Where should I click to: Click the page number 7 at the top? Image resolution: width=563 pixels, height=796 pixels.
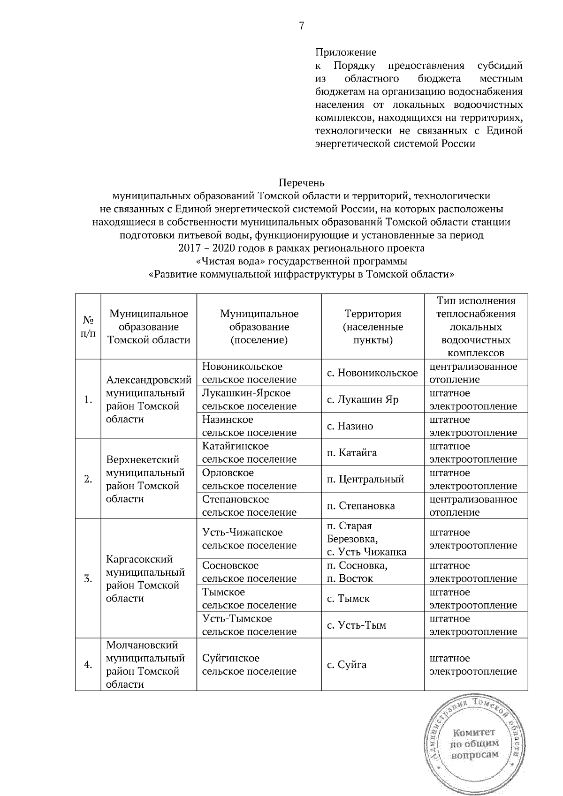pos(302,26)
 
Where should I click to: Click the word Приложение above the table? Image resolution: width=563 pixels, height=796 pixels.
pos(346,52)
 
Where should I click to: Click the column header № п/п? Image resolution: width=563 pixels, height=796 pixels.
pos(88,326)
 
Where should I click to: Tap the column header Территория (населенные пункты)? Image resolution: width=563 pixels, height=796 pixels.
pos(373,327)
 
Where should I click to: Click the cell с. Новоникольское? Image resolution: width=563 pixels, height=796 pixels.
pos(373,373)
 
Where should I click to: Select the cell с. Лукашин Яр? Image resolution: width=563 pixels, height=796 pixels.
pos(363,399)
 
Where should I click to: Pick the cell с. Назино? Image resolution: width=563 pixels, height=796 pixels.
pos(350,426)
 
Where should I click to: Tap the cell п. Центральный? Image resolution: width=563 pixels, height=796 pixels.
pos(365,479)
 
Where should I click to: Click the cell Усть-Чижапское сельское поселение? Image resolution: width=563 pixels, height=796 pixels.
pos(249,539)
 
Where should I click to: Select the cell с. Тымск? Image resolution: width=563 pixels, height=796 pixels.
pos(348,598)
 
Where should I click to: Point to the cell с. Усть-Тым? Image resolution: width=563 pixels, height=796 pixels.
pos(356,625)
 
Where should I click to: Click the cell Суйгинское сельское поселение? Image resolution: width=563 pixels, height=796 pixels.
pos(249,664)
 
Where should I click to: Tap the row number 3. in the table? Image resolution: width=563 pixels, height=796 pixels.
pos(88,578)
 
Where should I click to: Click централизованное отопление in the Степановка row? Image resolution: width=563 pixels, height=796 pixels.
pos(473,506)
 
